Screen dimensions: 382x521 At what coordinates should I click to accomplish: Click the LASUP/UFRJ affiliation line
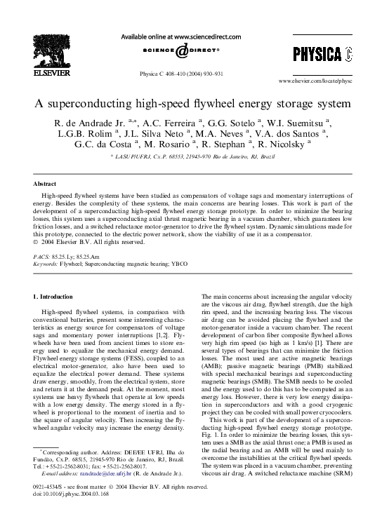191,159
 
